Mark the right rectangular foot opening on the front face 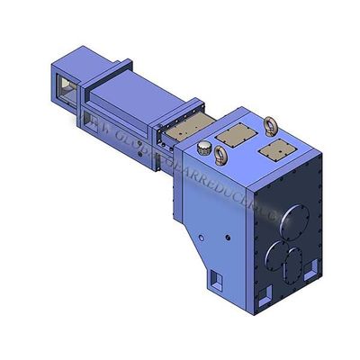312,267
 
